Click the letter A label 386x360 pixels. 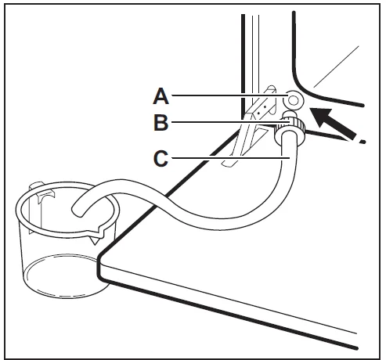(161, 95)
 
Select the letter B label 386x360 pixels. (161, 122)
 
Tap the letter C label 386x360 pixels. (161, 158)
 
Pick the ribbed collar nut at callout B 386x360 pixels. (290, 128)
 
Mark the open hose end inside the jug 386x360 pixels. (78, 211)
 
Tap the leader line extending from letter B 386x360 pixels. (230, 122)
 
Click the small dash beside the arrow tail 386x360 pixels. (362, 142)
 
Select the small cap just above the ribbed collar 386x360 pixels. (290, 114)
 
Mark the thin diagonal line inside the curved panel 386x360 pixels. (336, 67)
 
